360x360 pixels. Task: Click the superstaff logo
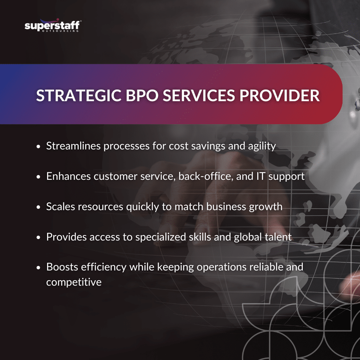(53, 26)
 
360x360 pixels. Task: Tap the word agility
(262, 146)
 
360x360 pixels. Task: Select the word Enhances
(68, 176)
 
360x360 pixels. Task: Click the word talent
(277, 237)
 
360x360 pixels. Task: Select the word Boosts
(60, 267)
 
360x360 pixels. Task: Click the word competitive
(74, 282)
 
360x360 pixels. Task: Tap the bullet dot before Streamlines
(38, 147)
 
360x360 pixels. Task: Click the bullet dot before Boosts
(38, 268)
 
